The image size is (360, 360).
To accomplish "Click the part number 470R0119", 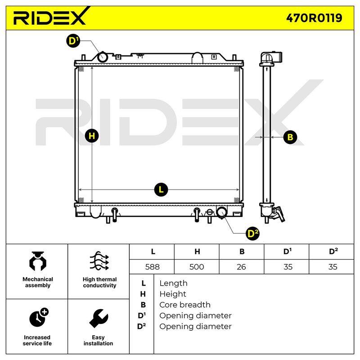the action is [x=314, y=18].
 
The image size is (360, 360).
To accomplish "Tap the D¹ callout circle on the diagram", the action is [x=73, y=41].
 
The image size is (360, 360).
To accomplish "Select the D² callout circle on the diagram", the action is [x=252, y=234].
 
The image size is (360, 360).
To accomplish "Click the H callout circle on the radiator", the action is [x=92, y=136].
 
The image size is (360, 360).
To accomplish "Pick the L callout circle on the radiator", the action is [x=161, y=189].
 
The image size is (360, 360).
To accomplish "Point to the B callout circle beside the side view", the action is [x=290, y=137].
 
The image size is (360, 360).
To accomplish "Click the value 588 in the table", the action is [x=152, y=267].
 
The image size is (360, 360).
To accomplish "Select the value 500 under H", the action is [x=197, y=267].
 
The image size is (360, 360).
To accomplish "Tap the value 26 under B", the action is [x=241, y=267].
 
